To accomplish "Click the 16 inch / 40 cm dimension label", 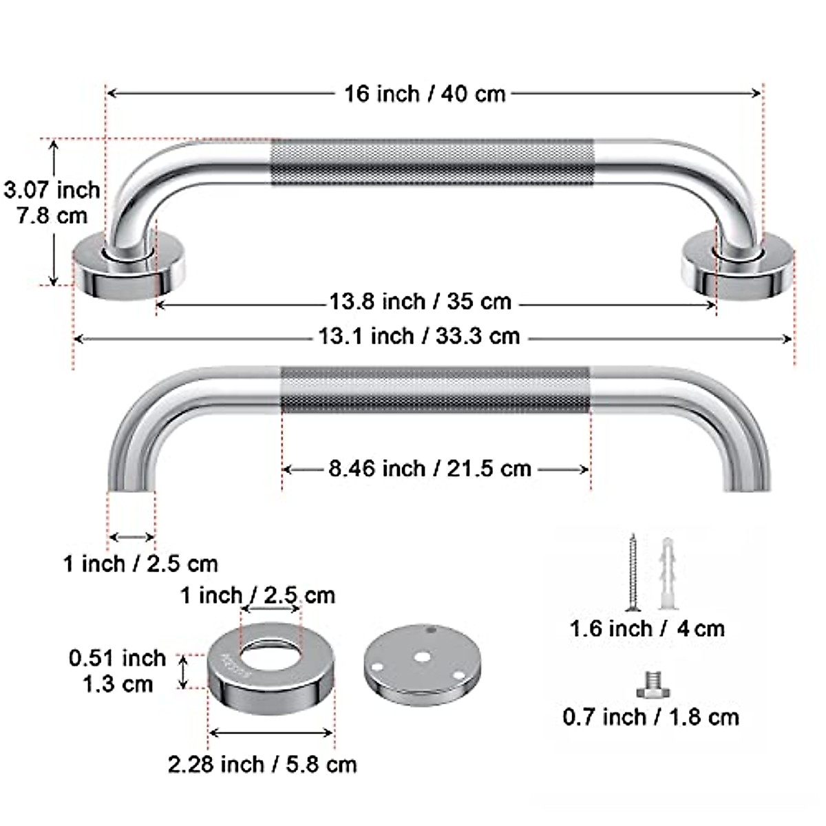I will tap(425, 94).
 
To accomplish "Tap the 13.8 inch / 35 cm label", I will tap(420, 301).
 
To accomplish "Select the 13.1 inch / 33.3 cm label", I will tap(419, 337).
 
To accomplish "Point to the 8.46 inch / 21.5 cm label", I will tap(430, 469).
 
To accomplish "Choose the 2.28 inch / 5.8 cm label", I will tap(262, 764).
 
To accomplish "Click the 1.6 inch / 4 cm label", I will tap(647, 628).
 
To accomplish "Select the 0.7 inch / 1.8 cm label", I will tap(650, 717).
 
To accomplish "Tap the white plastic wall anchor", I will tap(667, 573).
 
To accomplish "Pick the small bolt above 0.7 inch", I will tap(651, 686).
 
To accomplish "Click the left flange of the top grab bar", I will tap(129, 268).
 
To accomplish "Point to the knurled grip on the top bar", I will tap(432, 162).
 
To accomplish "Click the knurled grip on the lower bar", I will tap(435, 390).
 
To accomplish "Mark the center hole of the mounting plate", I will tap(421, 657).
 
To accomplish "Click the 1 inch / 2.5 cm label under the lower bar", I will tap(140, 564).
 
